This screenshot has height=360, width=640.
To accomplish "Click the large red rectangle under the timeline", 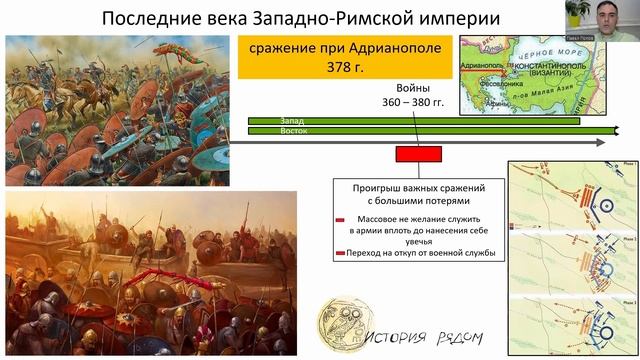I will (418, 154).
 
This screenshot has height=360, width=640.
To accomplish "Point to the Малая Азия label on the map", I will (564, 98).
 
